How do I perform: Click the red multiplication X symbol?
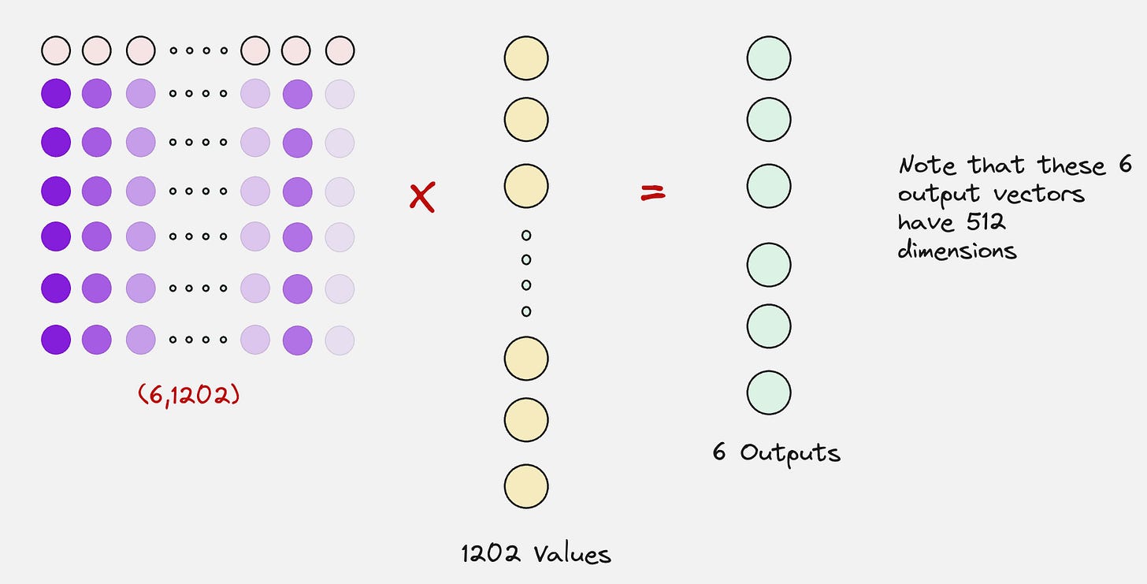[422, 197]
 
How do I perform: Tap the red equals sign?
[652, 192]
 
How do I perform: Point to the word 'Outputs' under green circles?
[790, 453]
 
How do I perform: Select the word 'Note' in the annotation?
[930, 166]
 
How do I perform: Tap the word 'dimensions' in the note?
[957, 251]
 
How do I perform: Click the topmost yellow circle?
[526, 58]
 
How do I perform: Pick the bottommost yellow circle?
[526, 486]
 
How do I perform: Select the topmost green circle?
[769, 58]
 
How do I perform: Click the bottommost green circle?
[769, 392]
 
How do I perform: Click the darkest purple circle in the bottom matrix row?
[56, 340]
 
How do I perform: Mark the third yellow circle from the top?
[526, 187]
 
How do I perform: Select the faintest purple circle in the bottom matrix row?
[340, 340]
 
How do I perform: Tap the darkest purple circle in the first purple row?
[56, 95]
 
